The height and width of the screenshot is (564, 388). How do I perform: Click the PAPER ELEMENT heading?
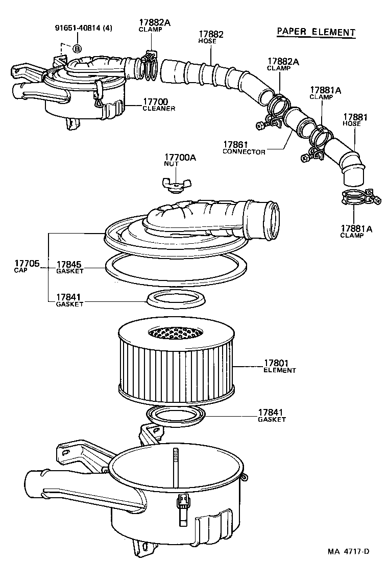point(315,32)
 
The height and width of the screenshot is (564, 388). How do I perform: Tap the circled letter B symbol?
point(77,49)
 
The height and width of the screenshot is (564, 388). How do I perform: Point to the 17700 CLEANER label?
point(159,105)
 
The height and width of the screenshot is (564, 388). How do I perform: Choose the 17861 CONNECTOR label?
point(244,148)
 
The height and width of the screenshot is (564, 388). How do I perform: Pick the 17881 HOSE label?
point(355,120)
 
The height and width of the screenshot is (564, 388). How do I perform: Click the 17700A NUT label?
point(180,161)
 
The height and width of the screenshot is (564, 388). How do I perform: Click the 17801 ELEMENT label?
point(279,366)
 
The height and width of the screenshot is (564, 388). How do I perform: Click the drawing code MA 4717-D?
point(348,551)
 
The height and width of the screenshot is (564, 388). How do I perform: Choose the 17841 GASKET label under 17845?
point(69,300)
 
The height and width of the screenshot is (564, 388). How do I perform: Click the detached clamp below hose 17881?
point(359,197)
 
